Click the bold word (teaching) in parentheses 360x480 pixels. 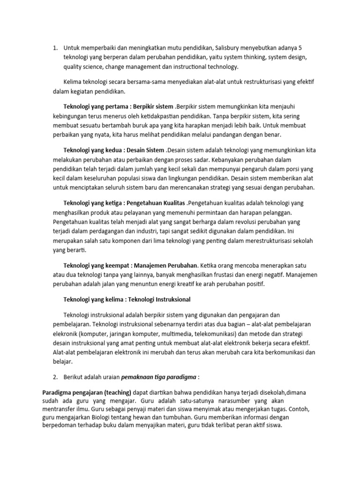tap(118, 391)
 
